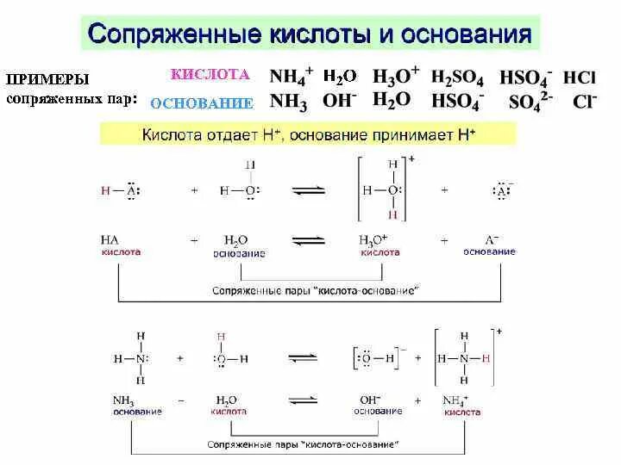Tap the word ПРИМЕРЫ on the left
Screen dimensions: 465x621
pyautogui.click(x=48, y=79)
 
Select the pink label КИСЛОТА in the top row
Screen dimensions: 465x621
pyautogui.click(x=210, y=75)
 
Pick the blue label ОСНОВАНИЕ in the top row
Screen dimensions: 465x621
pyautogui.click(x=202, y=103)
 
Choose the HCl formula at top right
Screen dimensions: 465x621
pyautogui.click(x=580, y=77)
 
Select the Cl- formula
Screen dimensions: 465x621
pyautogui.click(x=585, y=102)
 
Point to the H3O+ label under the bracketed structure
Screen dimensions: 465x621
pyautogui.click(x=374, y=240)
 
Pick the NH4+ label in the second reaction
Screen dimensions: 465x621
pyautogui.click(x=454, y=400)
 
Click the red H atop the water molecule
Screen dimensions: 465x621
pyautogui.click(x=221, y=338)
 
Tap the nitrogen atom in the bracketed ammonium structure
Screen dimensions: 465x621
pyautogui.click(x=464, y=357)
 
